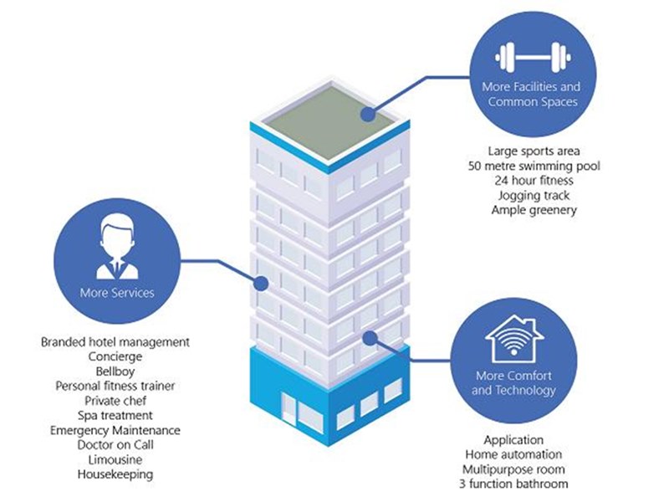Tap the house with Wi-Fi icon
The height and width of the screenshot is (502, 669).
pyautogui.click(x=514, y=335)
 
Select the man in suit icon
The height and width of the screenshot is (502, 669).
pyautogui.click(x=116, y=248)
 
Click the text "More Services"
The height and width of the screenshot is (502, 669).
pyautogui.click(x=116, y=293)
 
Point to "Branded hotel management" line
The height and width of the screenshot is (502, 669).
pyautogui.click(x=116, y=342)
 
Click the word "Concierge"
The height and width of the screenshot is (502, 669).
pyautogui.click(x=116, y=356)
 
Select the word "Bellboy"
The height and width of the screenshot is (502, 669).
pyautogui.click(x=116, y=371)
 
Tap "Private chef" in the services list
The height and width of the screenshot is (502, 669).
pyautogui.click(x=116, y=401)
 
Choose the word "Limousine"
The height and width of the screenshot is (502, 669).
pyautogui.click(x=116, y=460)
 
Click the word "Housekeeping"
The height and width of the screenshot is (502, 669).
pyautogui.click(x=116, y=474)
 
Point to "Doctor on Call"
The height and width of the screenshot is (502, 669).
pyautogui.click(x=116, y=445)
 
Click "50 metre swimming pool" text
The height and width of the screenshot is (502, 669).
pyautogui.click(x=534, y=166)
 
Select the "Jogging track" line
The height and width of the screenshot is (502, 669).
pyautogui.click(x=534, y=196)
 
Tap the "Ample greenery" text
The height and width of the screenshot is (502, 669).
pyautogui.click(x=534, y=211)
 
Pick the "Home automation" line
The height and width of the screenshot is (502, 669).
pyautogui.click(x=514, y=454)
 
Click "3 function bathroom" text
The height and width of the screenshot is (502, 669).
pyautogui.click(x=514, y=484)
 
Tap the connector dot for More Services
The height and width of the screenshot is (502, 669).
pyautogui.click(x=262, y=284)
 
